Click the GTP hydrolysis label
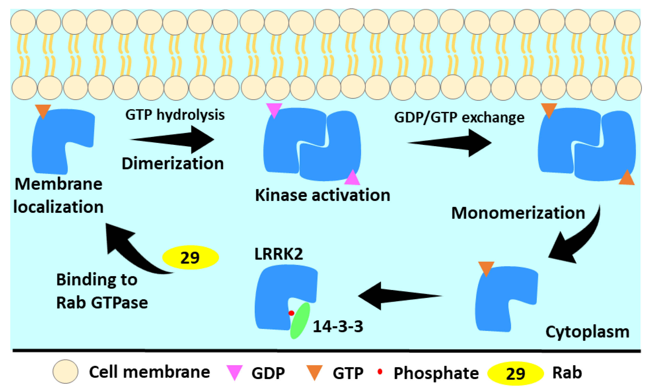[x=175, y=115]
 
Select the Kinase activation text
[x=322, y=195]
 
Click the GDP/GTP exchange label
[x=459, y=117]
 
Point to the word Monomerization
[x=518, y=213]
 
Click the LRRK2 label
[x=278, y=254]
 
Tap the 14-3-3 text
[x=338, y=326]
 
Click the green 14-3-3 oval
[x=300, y=321]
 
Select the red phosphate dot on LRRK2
[x=291, y=313]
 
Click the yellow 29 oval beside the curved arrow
[x=190, y=257]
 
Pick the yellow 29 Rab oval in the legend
[x=515, y=373]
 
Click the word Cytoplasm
[x=587, y=332]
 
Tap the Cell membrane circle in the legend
[x=65, y=371]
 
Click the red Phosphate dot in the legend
[x=380, y=371]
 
